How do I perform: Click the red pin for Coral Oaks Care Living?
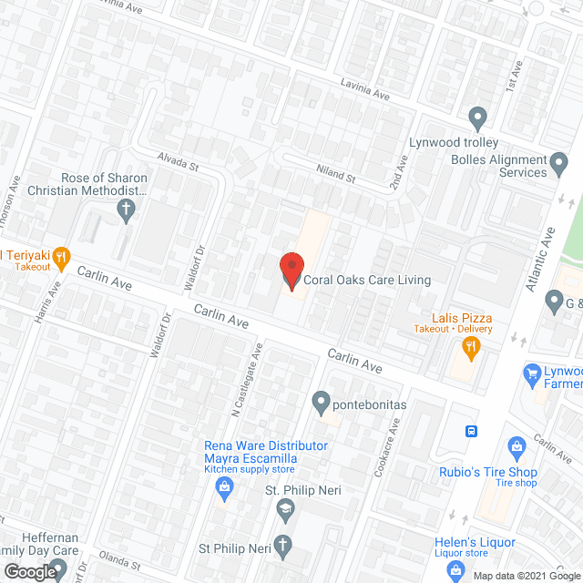pos(291,270)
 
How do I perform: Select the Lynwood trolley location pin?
pos(476,118)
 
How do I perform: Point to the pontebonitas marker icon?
pos(321,401)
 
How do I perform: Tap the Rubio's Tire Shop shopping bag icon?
pos(517,448)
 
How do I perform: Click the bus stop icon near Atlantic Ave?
pos(471,430)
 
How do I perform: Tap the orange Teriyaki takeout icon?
pos(60,259)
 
